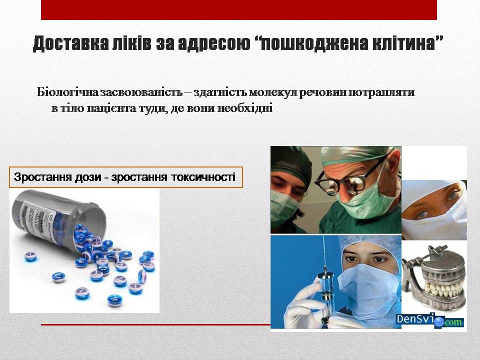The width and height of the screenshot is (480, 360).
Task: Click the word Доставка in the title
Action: (70, 43)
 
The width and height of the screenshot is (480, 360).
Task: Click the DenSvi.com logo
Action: (430, 320)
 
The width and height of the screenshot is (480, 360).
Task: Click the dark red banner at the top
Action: (239, 10)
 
